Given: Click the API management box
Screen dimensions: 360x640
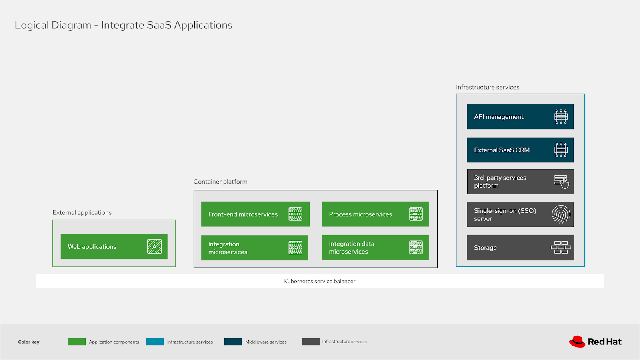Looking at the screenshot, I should click(x=520, y=117).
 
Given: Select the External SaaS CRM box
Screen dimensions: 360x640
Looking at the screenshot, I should click(x=520, y=150).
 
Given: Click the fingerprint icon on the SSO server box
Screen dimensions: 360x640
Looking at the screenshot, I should click(x=561, y=214).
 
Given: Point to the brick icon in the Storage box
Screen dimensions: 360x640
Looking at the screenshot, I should click(x=561, y=248).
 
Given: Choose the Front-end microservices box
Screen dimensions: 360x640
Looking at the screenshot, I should click(x=255, y=214).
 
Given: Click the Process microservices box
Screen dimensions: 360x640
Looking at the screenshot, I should click(x=375, y=214).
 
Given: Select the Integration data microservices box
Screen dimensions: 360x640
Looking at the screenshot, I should click(x=375, y=248).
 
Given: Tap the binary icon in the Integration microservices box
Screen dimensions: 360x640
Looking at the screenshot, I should click(x=295, y=248).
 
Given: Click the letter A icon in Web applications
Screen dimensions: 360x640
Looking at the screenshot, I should click(x=154, y=246).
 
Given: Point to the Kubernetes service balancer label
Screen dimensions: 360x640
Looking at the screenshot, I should click(x=320, y=281).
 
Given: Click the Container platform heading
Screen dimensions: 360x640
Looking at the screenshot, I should click(x=220, y=182).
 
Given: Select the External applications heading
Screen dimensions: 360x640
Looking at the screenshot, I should click(x=82, y=212).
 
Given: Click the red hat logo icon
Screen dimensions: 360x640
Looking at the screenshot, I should click(x=577, y=342).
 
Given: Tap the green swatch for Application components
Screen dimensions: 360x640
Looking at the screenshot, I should click(x=77, y=342).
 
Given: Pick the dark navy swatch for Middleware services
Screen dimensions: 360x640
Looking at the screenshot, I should click(x=233, y=342).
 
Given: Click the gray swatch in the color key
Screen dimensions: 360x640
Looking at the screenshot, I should click(x=311, y=342).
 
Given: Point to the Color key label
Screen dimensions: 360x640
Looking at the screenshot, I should click(x=29, y=342).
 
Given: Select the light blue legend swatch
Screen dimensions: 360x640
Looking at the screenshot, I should click(x=155, y=342).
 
